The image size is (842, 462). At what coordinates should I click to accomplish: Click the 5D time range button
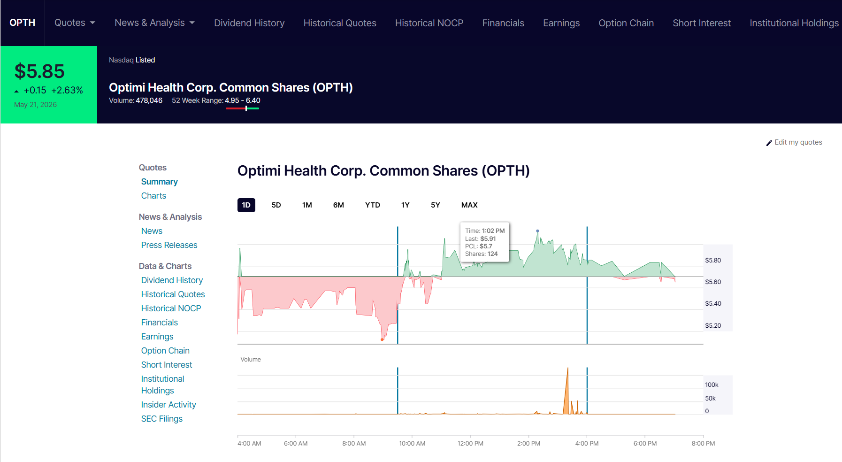tap(276, 205)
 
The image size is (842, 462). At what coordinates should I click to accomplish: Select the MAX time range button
tap(469, 205)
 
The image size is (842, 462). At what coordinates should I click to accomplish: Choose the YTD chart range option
tap(373, 205)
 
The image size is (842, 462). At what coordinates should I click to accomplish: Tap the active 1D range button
tap(246, 205)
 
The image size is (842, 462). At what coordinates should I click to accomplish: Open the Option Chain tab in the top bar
tap(626, 23)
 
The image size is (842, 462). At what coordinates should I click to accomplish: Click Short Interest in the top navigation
tap(702, 23)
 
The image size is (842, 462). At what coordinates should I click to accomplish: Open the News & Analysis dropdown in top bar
tap(154, 23)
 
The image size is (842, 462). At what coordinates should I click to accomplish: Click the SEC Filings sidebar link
tap(162, 419)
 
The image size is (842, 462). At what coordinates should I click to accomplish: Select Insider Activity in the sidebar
tap(168, 405)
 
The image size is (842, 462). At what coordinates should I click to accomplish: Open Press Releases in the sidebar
tap(169, 245)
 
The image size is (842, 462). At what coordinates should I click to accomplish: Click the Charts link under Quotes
tap(153, 196)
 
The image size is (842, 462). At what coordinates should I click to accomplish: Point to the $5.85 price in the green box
tap(39, 71)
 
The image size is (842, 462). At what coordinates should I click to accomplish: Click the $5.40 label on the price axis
tap(713, 304)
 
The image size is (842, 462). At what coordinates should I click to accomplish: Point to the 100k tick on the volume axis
tap(712, 385)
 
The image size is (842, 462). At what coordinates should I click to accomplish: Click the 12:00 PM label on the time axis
tap(470, 443)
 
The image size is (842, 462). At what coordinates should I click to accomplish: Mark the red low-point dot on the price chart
tap(383, 339)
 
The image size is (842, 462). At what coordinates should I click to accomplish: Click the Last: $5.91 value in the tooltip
tap(481, 239)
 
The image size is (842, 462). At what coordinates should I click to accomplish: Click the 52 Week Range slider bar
tap(242, 108)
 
